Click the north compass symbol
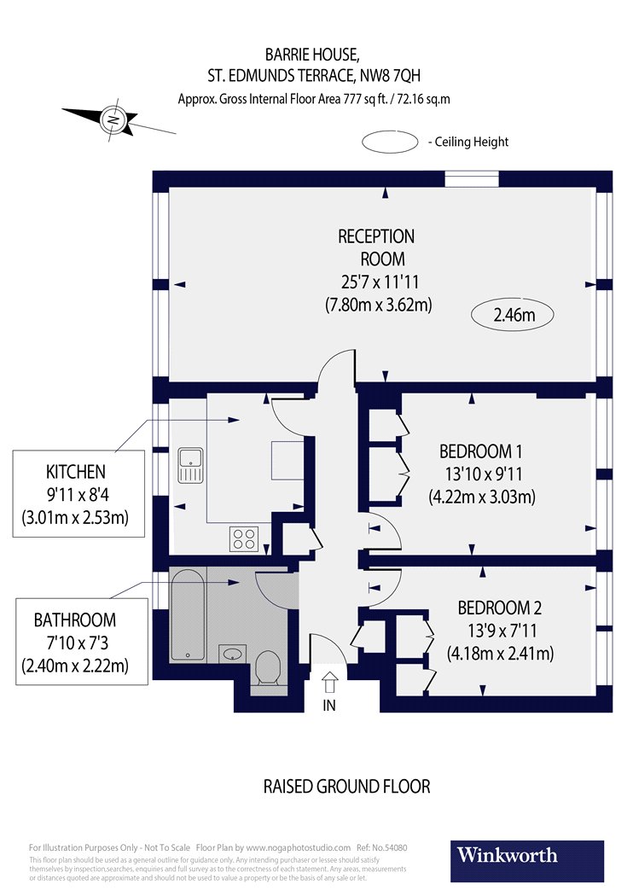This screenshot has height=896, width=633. click(x=113, y=120)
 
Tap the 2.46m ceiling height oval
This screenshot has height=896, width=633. click(x=513, y=316)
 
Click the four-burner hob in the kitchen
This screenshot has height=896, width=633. click(x=244, y=538)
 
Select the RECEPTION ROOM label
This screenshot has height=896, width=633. click(x=376, y=247)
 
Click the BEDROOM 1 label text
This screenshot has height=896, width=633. click(x=480, y=451)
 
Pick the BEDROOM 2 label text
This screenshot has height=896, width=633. click(x=499, y=608)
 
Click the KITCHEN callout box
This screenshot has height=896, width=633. click(x=76, y=494)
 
